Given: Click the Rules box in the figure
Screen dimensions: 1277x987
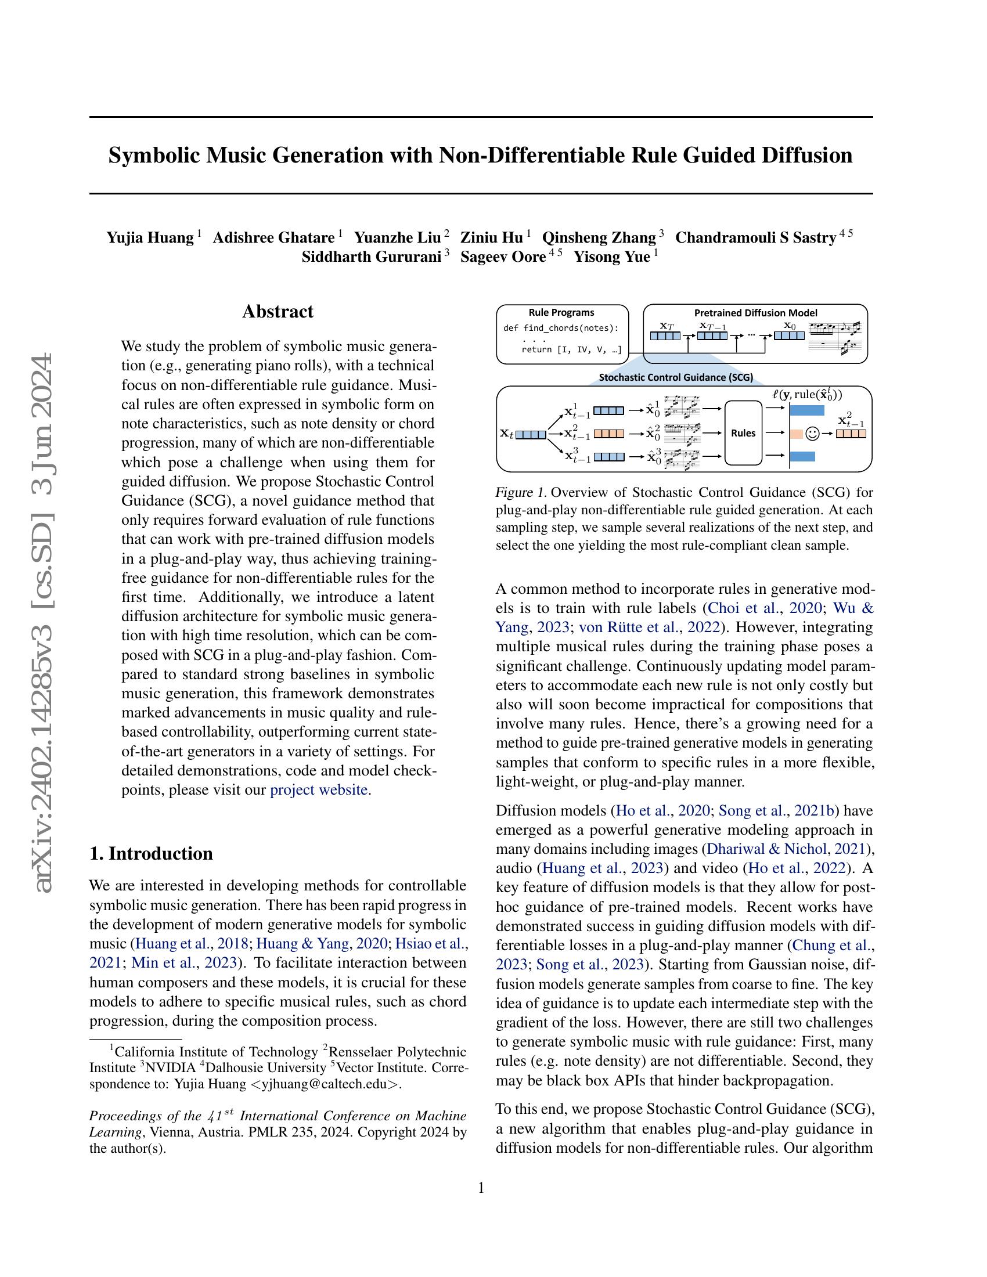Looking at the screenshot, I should click(743, 433).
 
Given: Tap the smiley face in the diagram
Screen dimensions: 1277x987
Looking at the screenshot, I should click(812, 434).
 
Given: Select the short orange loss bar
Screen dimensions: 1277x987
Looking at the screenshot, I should click(796, 434).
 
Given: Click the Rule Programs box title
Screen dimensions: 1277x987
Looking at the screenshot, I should click(561, 313).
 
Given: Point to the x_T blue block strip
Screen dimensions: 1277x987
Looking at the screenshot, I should click(665, 336).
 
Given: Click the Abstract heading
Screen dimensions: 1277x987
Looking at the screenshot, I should click(278, 312).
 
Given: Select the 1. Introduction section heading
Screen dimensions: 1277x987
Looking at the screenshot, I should click(151, 853).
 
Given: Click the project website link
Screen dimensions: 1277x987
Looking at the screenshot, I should click(319, 790).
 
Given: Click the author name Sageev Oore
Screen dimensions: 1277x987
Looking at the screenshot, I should click(502, 257).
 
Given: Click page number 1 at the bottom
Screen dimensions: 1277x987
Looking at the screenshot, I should click(481, 1188).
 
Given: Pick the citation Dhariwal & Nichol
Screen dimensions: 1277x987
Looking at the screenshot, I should click(768, 849).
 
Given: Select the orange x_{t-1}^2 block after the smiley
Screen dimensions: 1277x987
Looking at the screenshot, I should click(850, 434).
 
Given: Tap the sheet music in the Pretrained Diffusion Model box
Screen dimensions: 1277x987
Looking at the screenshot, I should click(836, 338).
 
